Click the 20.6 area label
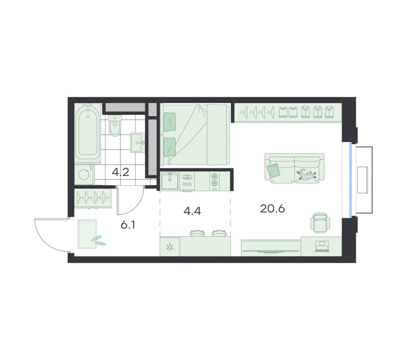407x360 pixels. pyautogui.click(x=272, y=208)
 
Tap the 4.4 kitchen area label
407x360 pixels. pyautogui.click(x=192, y=211)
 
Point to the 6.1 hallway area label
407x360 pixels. pyautogui.click(x=128, y=225)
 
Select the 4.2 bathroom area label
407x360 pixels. pyautogui.click(x=121, y=172)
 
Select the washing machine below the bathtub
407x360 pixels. pyautogui.click(x=84, y=174)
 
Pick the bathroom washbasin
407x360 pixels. pyautogui.click(x=138, y=143)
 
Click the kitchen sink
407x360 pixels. pyautogui.click(x=169, y=181)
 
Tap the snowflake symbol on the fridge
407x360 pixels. pyautogui.click(x=170, y=247)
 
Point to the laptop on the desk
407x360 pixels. pyautogui.click(x=322, y=246)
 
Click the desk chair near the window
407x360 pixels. pyautogui.click(x=320, y=222)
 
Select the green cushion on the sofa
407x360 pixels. pyautogui.click(x=273, y=170)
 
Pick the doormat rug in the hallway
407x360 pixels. pyautogui.click(x=88, y=234)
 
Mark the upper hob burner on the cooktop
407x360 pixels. pyautogui.click(x=214, y=176)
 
